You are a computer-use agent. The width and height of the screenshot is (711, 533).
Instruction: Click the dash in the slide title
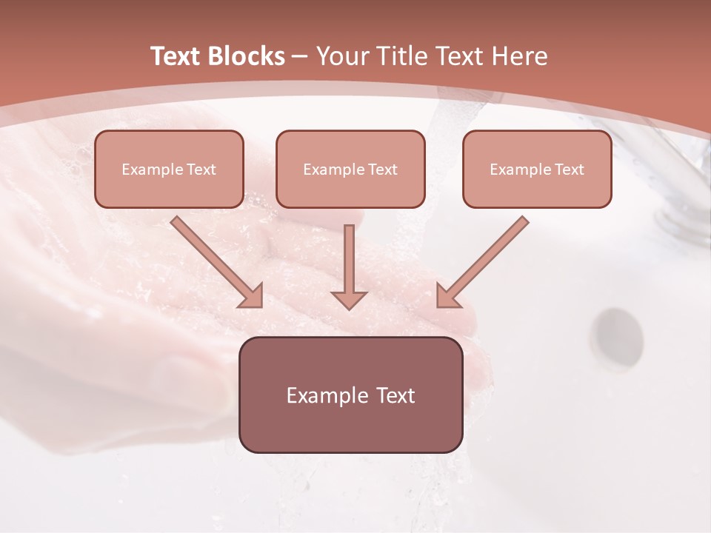[x=300, y=56]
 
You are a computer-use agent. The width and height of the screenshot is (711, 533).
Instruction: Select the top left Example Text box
[x=169, y=169]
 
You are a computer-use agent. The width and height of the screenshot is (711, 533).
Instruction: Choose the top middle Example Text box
[x=350, y=169]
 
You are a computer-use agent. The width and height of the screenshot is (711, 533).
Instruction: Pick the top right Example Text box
[x=537, y=169]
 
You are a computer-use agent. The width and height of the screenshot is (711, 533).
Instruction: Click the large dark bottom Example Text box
[x=350, y=395]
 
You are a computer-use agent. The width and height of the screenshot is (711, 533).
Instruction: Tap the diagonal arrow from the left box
[x=215, y=261]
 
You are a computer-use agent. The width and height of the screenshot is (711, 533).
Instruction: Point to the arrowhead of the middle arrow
[x=350, y=299]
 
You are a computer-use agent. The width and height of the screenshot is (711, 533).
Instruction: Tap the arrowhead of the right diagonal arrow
[x=447, y=296]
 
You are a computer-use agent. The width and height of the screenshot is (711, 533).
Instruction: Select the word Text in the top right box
[x=569, y=169]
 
